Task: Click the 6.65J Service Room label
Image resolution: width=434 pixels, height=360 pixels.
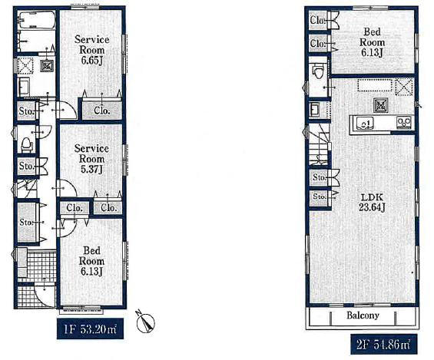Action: point(92,50)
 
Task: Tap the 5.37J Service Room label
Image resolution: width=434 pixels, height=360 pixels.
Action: point(91,159)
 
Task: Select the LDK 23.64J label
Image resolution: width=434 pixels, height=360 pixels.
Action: point(372,203)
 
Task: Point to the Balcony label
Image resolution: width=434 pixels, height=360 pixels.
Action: point(363,315)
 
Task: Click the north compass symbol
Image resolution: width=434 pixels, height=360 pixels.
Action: point(145,322)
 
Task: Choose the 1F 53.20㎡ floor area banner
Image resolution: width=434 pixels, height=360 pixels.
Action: point(90,329)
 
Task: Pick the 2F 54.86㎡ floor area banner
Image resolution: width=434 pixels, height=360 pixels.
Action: point(383,344)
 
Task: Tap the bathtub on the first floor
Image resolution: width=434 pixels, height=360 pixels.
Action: point(37,20)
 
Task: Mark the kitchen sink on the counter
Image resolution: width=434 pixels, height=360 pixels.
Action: point(365,123)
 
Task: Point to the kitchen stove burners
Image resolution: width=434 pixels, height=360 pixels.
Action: point(404,122)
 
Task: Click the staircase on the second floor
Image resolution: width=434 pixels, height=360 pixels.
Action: point(319,145)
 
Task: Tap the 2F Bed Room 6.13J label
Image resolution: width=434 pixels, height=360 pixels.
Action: point(372,42)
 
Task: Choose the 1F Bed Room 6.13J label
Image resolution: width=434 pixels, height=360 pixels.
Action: point(91,261)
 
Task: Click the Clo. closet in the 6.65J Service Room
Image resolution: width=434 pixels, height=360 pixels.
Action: point(102,110)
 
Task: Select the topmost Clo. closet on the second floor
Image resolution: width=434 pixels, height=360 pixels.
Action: point(318,20)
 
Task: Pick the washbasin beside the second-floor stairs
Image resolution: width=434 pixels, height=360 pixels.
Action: point(315,111)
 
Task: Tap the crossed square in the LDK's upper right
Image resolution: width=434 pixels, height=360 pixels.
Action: point(404,87)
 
